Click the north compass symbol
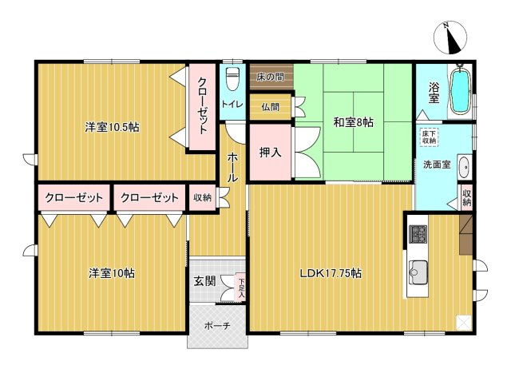pos(450,38)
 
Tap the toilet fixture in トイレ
pos(232,78)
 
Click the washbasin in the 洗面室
pos(464,167)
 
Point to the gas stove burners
pos(418,234)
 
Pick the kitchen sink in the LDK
pos(418,272)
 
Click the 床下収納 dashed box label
pos(429,137)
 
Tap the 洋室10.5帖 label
pos(112,127)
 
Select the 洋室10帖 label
pos(112,273)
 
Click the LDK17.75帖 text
pos(331,273)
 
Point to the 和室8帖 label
pos(353,122)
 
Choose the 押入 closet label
pos(270,153)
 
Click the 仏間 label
pos(270,106)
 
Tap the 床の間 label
pos(270,77)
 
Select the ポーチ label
pos(217,325)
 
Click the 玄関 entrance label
pos(204,281)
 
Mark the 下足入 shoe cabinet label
pos(241,288)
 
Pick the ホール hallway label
pos(232,167)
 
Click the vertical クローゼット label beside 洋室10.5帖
pos(202,105)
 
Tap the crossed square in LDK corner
pos(464,323)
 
